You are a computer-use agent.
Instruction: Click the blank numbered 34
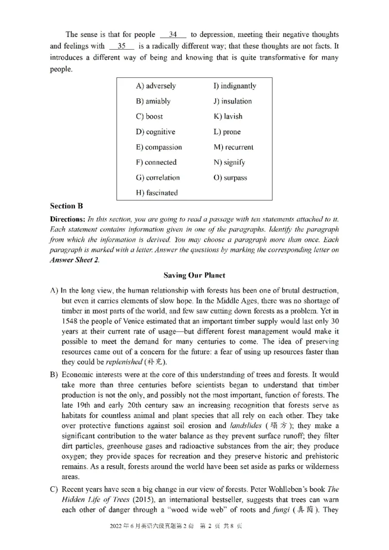(173, 35)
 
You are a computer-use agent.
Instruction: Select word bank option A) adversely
(156, 86)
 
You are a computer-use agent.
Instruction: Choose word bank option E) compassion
(159, 147)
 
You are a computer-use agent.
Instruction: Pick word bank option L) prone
(227, 132)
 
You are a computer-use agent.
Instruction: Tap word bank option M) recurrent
(233, 147)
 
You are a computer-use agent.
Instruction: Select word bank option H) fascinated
(157, 193)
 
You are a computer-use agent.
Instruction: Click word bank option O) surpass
(230, 177)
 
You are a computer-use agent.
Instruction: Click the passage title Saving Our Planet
(194, 275)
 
